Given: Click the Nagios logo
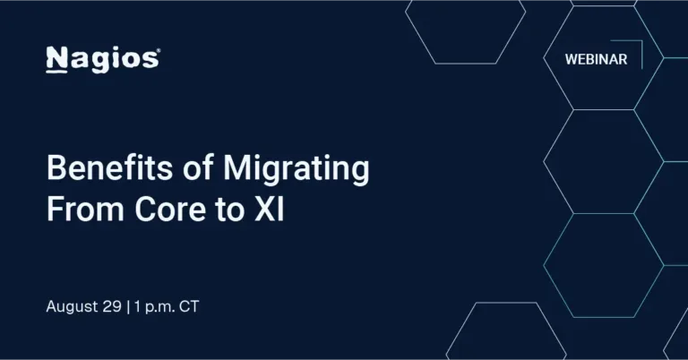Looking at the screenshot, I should click(102, 59).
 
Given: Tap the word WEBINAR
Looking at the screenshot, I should click(596, 60).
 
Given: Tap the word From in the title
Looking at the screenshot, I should click(80, 210).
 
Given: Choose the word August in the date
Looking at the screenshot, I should click(73, 306).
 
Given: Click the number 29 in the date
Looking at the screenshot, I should click(112, 306).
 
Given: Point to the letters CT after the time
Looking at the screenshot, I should click(189, 306).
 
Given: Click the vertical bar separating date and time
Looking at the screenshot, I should click(127, 306).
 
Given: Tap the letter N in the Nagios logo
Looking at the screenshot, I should click(55, 59).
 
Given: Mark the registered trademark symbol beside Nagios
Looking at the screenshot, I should click(158, 52).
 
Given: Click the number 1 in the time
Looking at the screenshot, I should click(135, 306).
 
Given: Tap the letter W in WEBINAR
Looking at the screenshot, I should click(571, 60).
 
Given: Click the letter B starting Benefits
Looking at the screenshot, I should click(55, 169).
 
